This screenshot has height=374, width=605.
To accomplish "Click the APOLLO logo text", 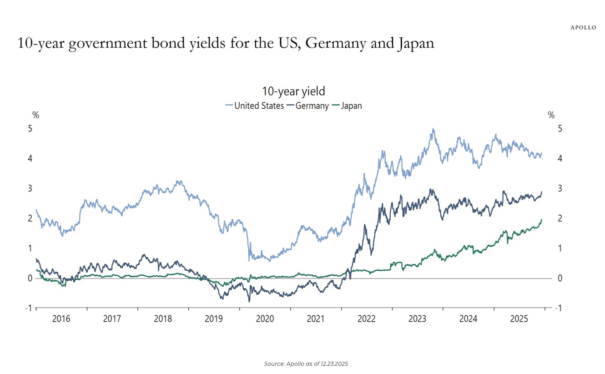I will coord(583,28).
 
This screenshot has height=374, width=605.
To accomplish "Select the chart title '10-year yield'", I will coord(294,91).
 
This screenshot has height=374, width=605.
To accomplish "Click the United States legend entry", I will coord(255,106).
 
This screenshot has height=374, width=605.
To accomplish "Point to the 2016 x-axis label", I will coord(61,319).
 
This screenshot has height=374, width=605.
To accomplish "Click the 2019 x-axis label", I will coord(214,319).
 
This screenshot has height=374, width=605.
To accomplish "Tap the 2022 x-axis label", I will coord(367,319).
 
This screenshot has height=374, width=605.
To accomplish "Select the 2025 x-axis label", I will coord(519,319).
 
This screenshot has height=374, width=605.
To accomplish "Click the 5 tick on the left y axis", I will coord(30,129).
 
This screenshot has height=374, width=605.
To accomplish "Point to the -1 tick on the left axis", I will coord(29,308).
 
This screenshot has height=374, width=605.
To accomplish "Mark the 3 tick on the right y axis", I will coord(560,188).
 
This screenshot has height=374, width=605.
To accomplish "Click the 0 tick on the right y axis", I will coord(560,278).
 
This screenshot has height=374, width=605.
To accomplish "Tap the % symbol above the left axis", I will coord(35,116).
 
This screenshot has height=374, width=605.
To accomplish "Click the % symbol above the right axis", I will coord(551,116).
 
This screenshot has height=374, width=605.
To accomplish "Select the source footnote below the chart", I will coord(306,364).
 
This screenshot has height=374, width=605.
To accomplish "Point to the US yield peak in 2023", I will coord(433,129).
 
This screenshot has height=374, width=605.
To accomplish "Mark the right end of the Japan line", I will coord(542,220).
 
